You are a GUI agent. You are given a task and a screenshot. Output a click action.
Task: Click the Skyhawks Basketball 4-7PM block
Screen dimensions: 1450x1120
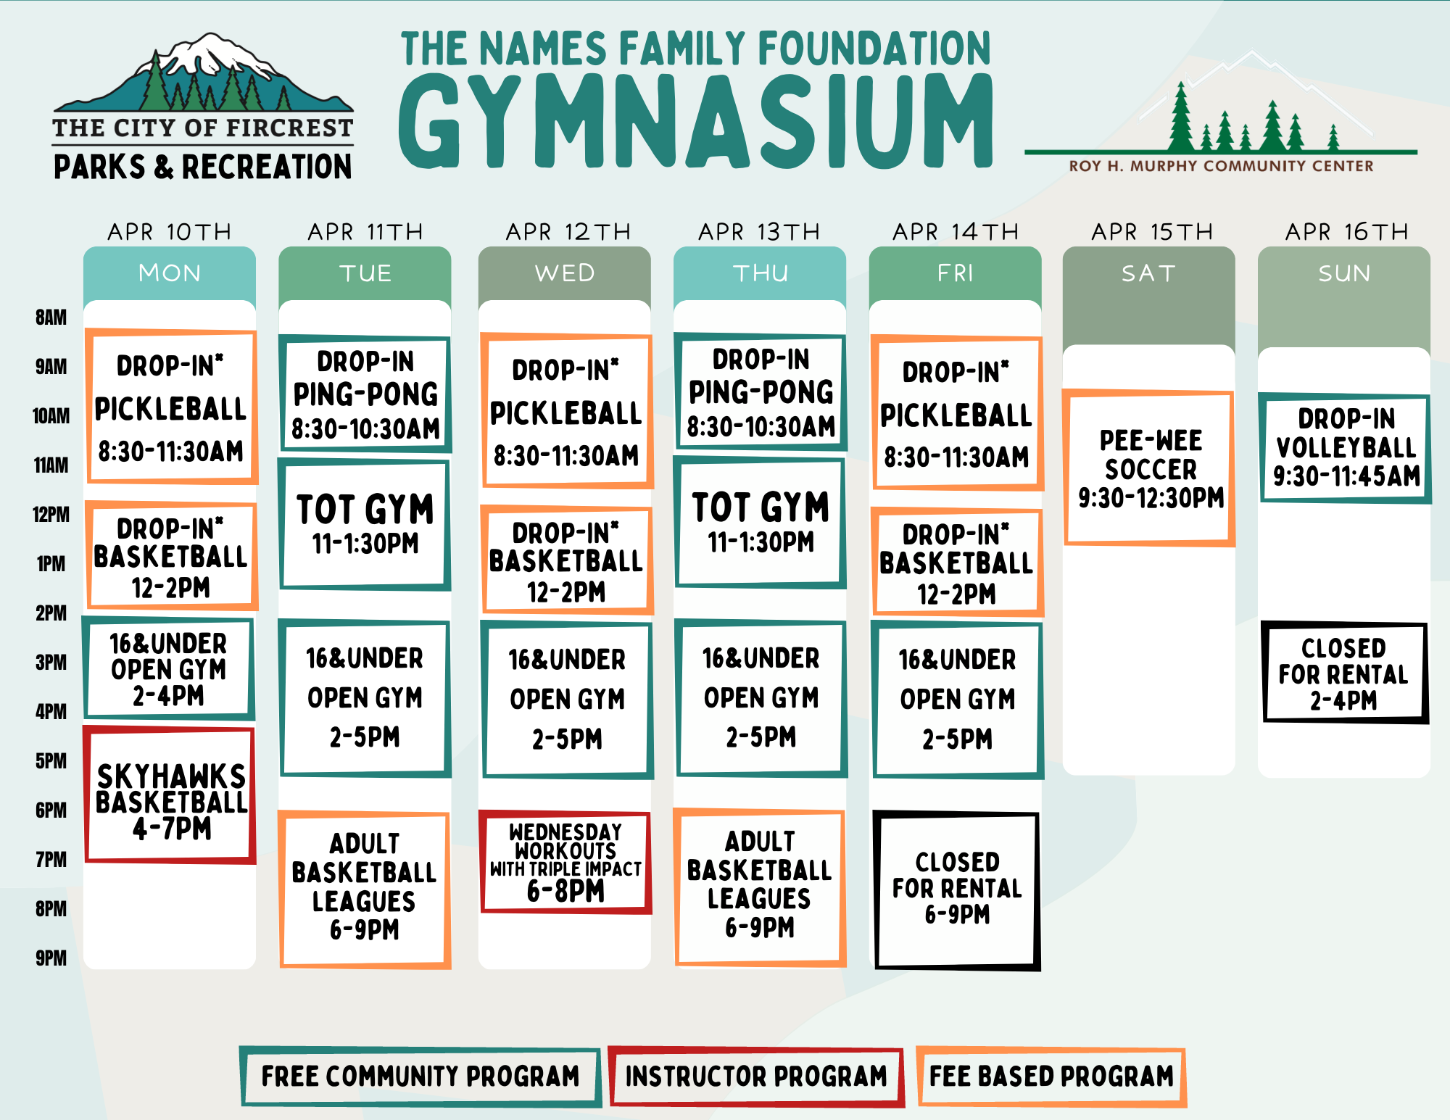click(170, 795)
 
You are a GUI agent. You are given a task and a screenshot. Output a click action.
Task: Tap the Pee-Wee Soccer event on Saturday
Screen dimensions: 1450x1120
click(1149, 468)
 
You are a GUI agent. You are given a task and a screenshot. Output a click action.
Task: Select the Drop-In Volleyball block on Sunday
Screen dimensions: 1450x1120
click(1346, 448)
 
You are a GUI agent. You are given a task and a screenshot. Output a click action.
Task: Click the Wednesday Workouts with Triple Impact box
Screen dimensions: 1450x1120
click(565, 861)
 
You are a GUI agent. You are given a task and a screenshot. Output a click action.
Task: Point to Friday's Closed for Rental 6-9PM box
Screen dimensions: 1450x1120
click(957, 890)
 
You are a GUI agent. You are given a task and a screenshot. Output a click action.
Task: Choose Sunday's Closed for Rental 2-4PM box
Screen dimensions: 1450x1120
click(1345, 672)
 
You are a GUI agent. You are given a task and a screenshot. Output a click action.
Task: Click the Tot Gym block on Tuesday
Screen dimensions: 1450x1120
click(365, 524)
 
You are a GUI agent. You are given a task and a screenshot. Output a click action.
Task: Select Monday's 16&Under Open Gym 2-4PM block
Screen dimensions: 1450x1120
click(169, 668)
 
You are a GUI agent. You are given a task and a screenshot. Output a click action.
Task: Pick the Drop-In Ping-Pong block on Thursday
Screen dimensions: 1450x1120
click(761, 391)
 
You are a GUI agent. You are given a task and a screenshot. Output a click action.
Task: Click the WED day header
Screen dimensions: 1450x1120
click(565, 273)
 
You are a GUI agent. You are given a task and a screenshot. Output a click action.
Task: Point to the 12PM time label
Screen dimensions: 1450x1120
click(51, 515)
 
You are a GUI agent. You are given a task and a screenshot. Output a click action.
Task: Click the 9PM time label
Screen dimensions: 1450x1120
click(51, 958)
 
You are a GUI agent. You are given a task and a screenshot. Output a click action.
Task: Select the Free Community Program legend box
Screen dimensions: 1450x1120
click(420, 1077)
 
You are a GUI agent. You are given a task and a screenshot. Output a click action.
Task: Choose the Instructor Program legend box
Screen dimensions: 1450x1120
click(756, 1077)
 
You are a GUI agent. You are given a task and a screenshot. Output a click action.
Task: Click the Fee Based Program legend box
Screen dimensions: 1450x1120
click(1051, 1077)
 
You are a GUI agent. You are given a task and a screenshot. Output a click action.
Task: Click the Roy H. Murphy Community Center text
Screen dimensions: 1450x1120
click(1221, 166)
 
